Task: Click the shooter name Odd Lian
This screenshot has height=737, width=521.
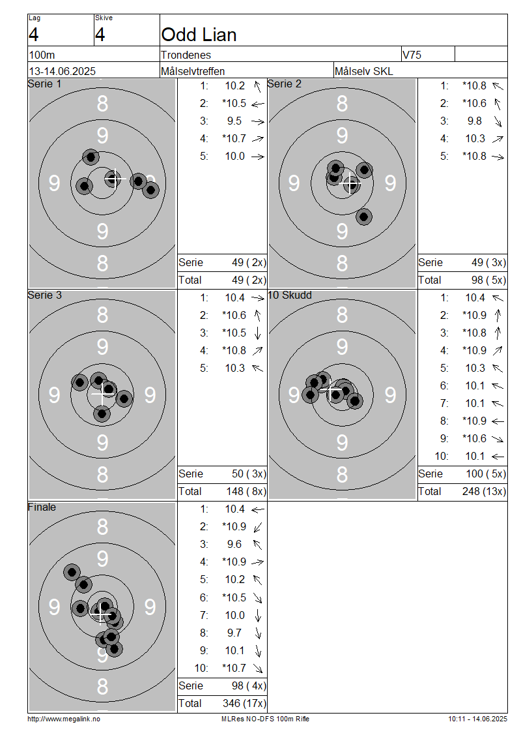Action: [x=199, y=35]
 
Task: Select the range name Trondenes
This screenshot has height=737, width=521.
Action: [x=186, y=55]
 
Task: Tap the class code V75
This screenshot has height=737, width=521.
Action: [x=412, y=55]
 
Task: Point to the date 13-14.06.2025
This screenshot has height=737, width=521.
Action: [x=63, y=72]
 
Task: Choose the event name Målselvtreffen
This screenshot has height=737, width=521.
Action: [x=193, y=72]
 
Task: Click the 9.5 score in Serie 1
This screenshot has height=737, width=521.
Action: [x=234, y=121]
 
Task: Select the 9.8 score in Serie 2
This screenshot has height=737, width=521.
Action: [x=475, y=121]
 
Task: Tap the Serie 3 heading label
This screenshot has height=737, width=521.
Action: [x=44, y=295]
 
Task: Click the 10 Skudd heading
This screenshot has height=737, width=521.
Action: [x=290, y=295]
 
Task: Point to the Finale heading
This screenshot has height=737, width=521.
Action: [x=42, y=507]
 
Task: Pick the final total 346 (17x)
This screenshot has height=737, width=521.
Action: [x=244, y=703]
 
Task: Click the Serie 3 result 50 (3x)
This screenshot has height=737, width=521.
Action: [x=249, y=474]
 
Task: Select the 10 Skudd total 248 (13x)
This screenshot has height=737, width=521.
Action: [x=484, y=491]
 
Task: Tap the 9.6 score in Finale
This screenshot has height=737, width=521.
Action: [x=234, y=545]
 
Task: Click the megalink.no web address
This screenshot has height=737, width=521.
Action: [x=64, y=719]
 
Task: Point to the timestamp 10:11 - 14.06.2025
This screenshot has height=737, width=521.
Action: [x=477, y=719]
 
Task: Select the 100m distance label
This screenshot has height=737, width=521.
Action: [x=42, y=55]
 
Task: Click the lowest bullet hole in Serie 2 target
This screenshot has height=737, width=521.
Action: [x=364, y=217]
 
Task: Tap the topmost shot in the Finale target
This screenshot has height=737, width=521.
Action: [x=72, y=573]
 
